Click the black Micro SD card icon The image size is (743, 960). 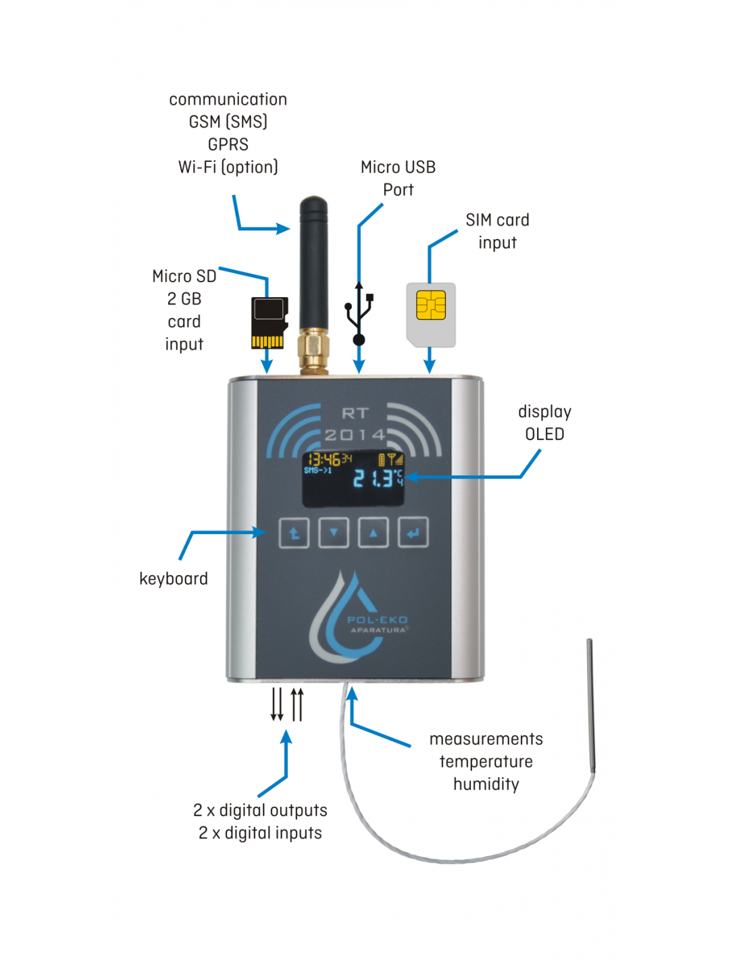click(x=269, y=323)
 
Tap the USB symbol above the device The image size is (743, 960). click(x=359, y=314)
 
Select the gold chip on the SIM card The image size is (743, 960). click(x=431, y=305)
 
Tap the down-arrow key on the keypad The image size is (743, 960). click(x=334, y=533)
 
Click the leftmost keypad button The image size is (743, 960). click(x=294, y=533)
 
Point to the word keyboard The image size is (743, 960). click(x=174, y=579)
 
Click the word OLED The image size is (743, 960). click(x=544, y=434)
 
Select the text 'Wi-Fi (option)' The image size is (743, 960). click(x=228, y=167)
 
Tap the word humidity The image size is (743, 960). click(x=486, y=784)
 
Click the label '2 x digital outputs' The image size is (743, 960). click(x=260, y=810)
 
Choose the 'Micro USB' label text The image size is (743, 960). click(x=398, y=167)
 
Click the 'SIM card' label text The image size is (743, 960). click(x=497, y=220)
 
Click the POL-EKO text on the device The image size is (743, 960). click(x=378, y=620)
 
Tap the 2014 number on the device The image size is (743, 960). click(x=355, y=435)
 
